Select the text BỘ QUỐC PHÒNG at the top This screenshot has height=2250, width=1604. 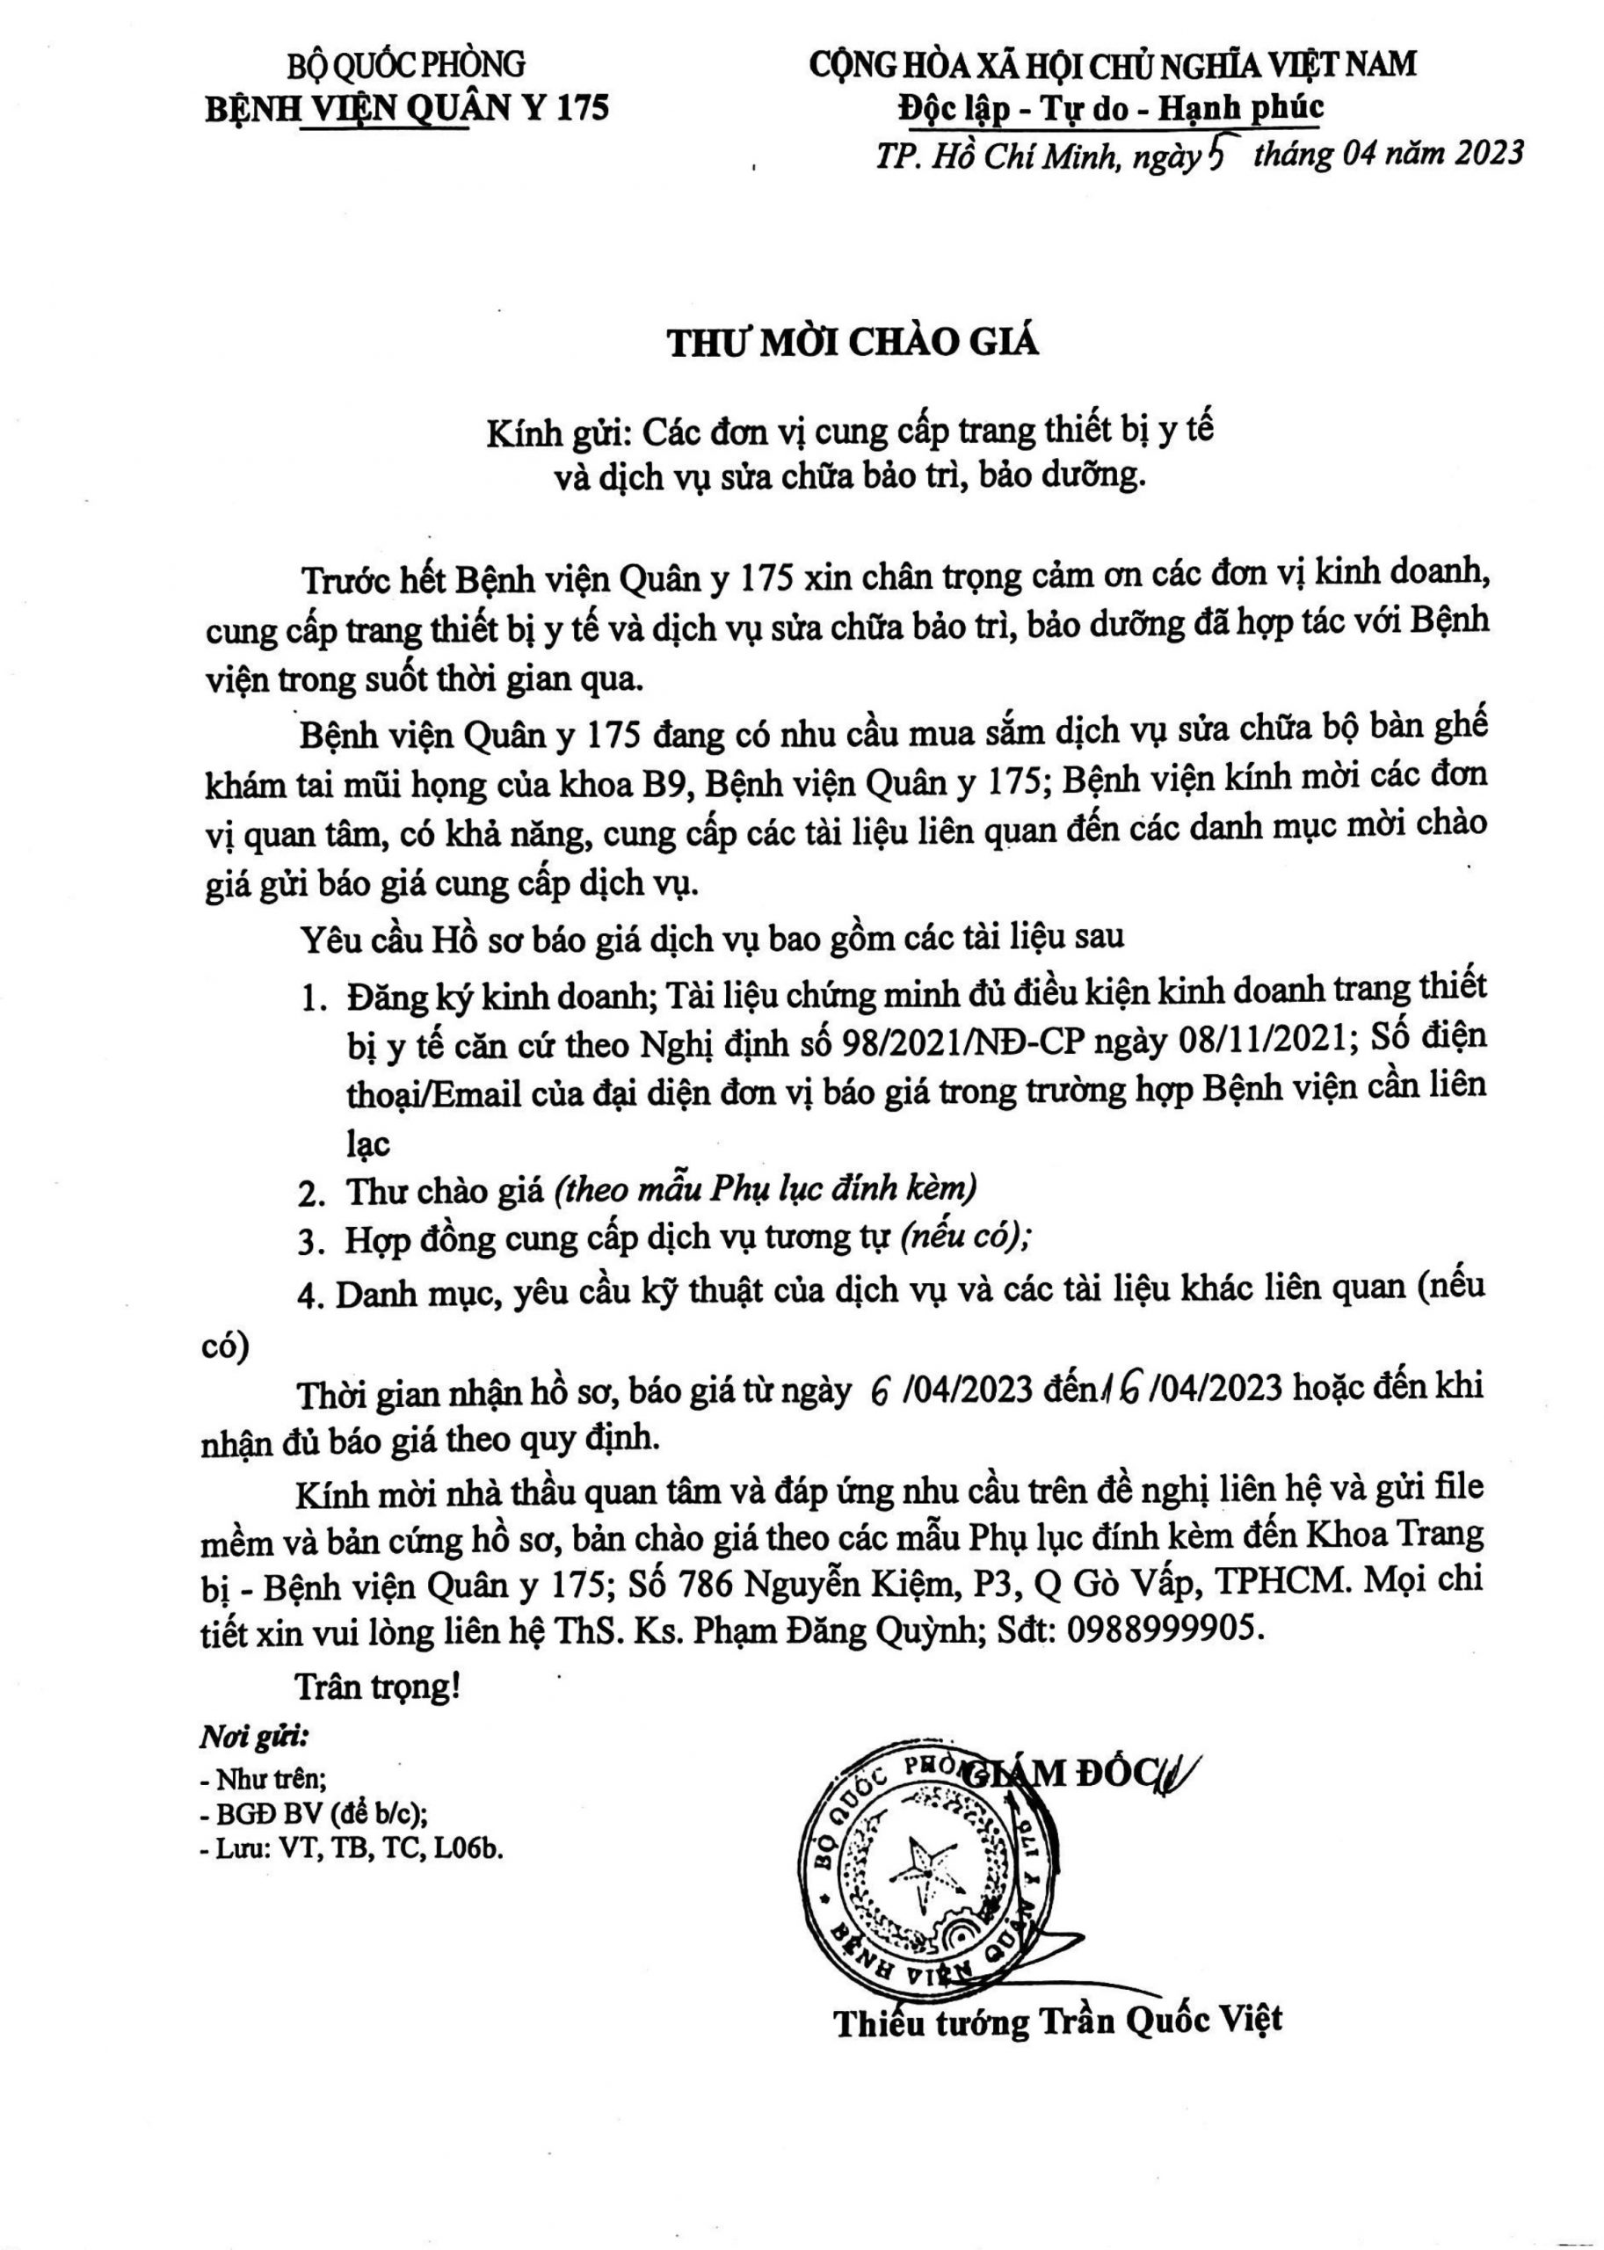pyautogui.click(x=406, y=65)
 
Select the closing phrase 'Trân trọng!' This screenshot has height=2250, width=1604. pyautogui.click(x=378, y=1686)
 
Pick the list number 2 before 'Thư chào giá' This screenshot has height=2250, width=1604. pyautogui.click(x=313, y=1194)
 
